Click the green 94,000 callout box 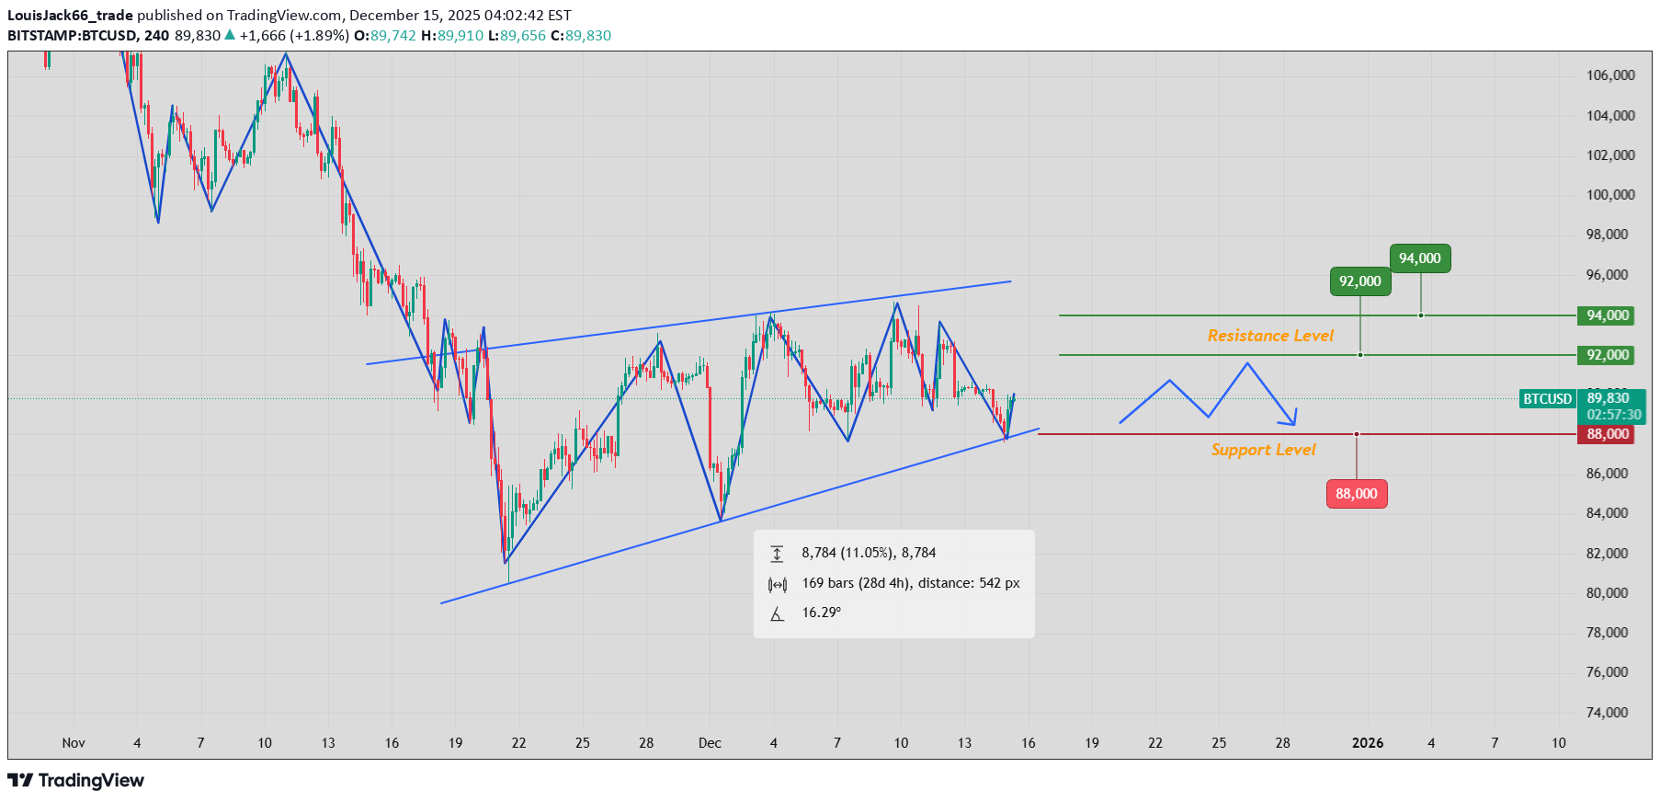coord(1420,258)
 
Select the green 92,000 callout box coord(1360,281)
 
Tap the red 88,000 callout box coord(1357,494)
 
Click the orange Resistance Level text coord(1270,336)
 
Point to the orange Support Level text coord(1263,450)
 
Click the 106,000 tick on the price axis coord(1610,75)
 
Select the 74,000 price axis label coord(1607,713)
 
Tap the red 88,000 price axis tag coord(1607,434)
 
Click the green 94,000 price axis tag coord(1607,315)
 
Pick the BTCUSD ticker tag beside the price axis coord(1548,399)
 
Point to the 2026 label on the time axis coord(1368,743)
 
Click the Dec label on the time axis coord(710,743)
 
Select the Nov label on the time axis coord(74,743)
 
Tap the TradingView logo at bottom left coord(76,781)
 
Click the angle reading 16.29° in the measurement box coord(821,613)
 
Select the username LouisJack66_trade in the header coord(70,16)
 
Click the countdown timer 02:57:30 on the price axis coord(1614,415)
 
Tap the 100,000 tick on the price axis coord(1610,195)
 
